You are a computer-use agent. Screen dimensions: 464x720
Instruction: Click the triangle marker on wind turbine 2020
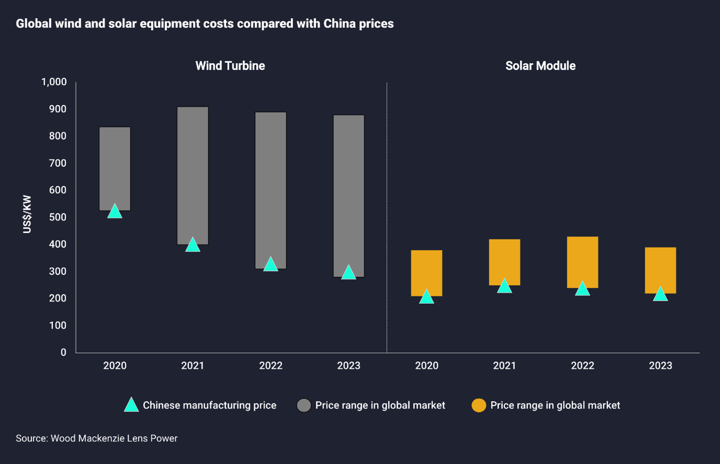coord(115,212)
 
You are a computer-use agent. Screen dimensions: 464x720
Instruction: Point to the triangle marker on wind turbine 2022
coord(271,265)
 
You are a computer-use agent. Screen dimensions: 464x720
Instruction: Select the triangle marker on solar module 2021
coord(504,287)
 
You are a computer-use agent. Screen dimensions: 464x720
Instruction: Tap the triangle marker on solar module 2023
coord(660,295)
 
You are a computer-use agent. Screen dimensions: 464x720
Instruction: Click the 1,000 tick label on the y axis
coord(54,82)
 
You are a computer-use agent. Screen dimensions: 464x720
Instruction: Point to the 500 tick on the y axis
coord(58,217)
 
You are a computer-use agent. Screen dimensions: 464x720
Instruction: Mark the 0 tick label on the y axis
coord(63,352)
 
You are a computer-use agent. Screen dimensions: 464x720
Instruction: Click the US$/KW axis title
coord(27,214)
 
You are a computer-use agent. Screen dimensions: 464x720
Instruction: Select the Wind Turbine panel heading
coord(230,66)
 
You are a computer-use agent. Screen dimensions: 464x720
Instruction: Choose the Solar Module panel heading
coord(540,66)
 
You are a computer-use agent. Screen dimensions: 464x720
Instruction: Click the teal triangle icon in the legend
coord(131,405)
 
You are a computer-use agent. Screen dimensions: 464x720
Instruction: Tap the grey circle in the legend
coord(304,405)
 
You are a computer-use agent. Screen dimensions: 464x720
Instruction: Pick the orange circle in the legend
coord(478,405)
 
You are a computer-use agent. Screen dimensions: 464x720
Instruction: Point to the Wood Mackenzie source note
coord(96,438)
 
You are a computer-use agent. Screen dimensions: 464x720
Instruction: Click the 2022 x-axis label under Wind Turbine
coord(271,365)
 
